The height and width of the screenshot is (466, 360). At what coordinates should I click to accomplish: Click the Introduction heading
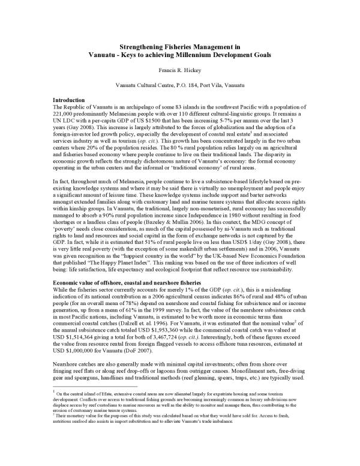(70, 99)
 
